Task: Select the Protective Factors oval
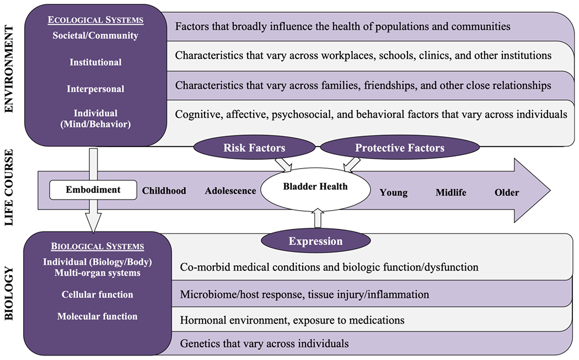[399, 148]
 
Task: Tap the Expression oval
[315, 241]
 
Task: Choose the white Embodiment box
[93, 190]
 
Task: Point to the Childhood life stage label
[164, 191]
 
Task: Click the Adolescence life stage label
[230, 191]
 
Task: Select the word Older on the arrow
[506, 192]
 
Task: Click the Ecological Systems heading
[95, 20]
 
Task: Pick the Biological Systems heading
[96, 246]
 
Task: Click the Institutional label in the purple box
[96, 62]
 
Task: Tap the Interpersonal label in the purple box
[96, 89]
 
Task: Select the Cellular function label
[97, 294]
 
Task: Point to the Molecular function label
[97, 316]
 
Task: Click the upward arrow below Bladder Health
[318, 219]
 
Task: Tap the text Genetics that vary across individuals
[264, 343]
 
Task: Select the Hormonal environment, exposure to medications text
[292, 320]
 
